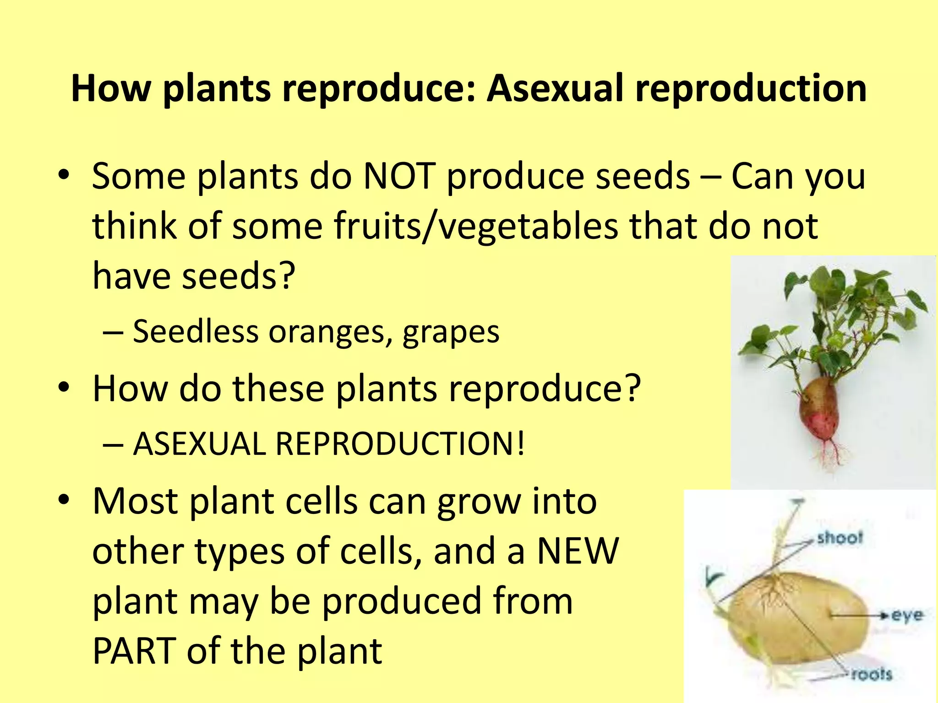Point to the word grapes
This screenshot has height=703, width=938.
(451, 332)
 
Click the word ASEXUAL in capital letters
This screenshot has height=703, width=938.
(199, 444)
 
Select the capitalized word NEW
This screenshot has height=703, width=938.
(578, 551)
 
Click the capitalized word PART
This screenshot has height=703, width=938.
(134, 651)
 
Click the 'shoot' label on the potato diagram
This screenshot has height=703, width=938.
(840, 537)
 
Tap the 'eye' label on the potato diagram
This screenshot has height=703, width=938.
(907, 615)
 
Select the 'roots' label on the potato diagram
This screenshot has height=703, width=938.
(872, 674)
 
